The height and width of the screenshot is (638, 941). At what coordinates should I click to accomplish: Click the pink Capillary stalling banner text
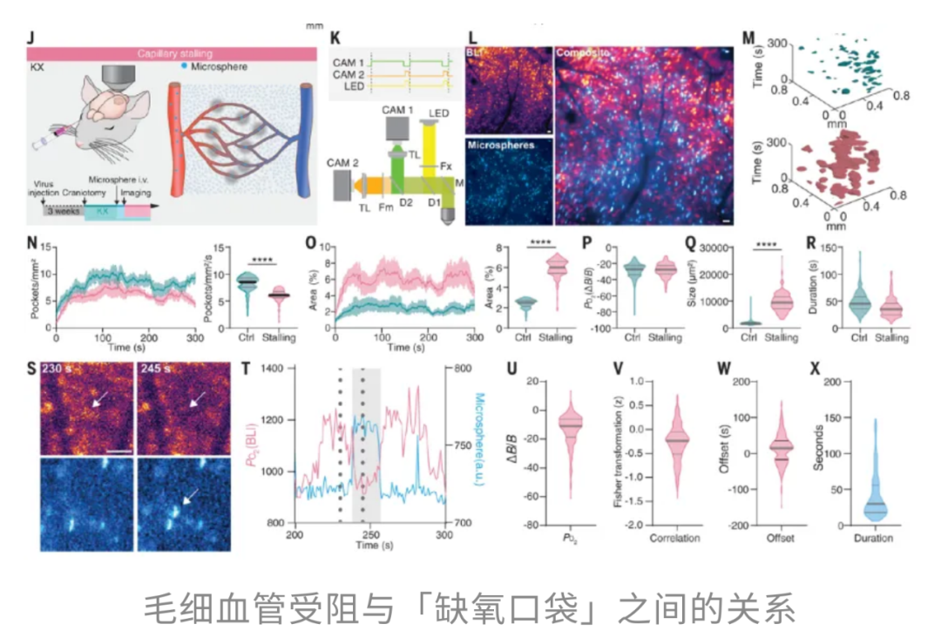pos(174,53)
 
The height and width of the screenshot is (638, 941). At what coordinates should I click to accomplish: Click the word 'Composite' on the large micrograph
pos(585,55)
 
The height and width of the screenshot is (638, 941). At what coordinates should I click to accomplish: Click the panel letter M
pos(748,38)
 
